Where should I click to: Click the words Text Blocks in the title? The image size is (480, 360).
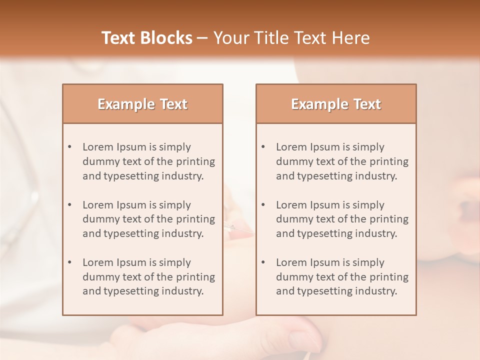point(146,38)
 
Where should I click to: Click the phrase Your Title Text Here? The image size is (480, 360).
point(291,38)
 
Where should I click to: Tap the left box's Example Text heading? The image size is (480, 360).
point(142,104)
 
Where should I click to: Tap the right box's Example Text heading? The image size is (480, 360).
point(336,104)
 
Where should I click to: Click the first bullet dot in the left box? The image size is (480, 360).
point(70,147)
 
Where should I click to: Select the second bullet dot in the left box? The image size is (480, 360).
point(70,205)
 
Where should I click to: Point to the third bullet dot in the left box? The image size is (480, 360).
point(70,262)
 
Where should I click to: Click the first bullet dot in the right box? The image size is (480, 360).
point(263,147)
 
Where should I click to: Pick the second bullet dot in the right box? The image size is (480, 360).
point(263,205)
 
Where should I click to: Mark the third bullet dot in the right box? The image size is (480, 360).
point(263,262)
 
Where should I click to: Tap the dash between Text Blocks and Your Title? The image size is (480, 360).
point(202,38)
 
